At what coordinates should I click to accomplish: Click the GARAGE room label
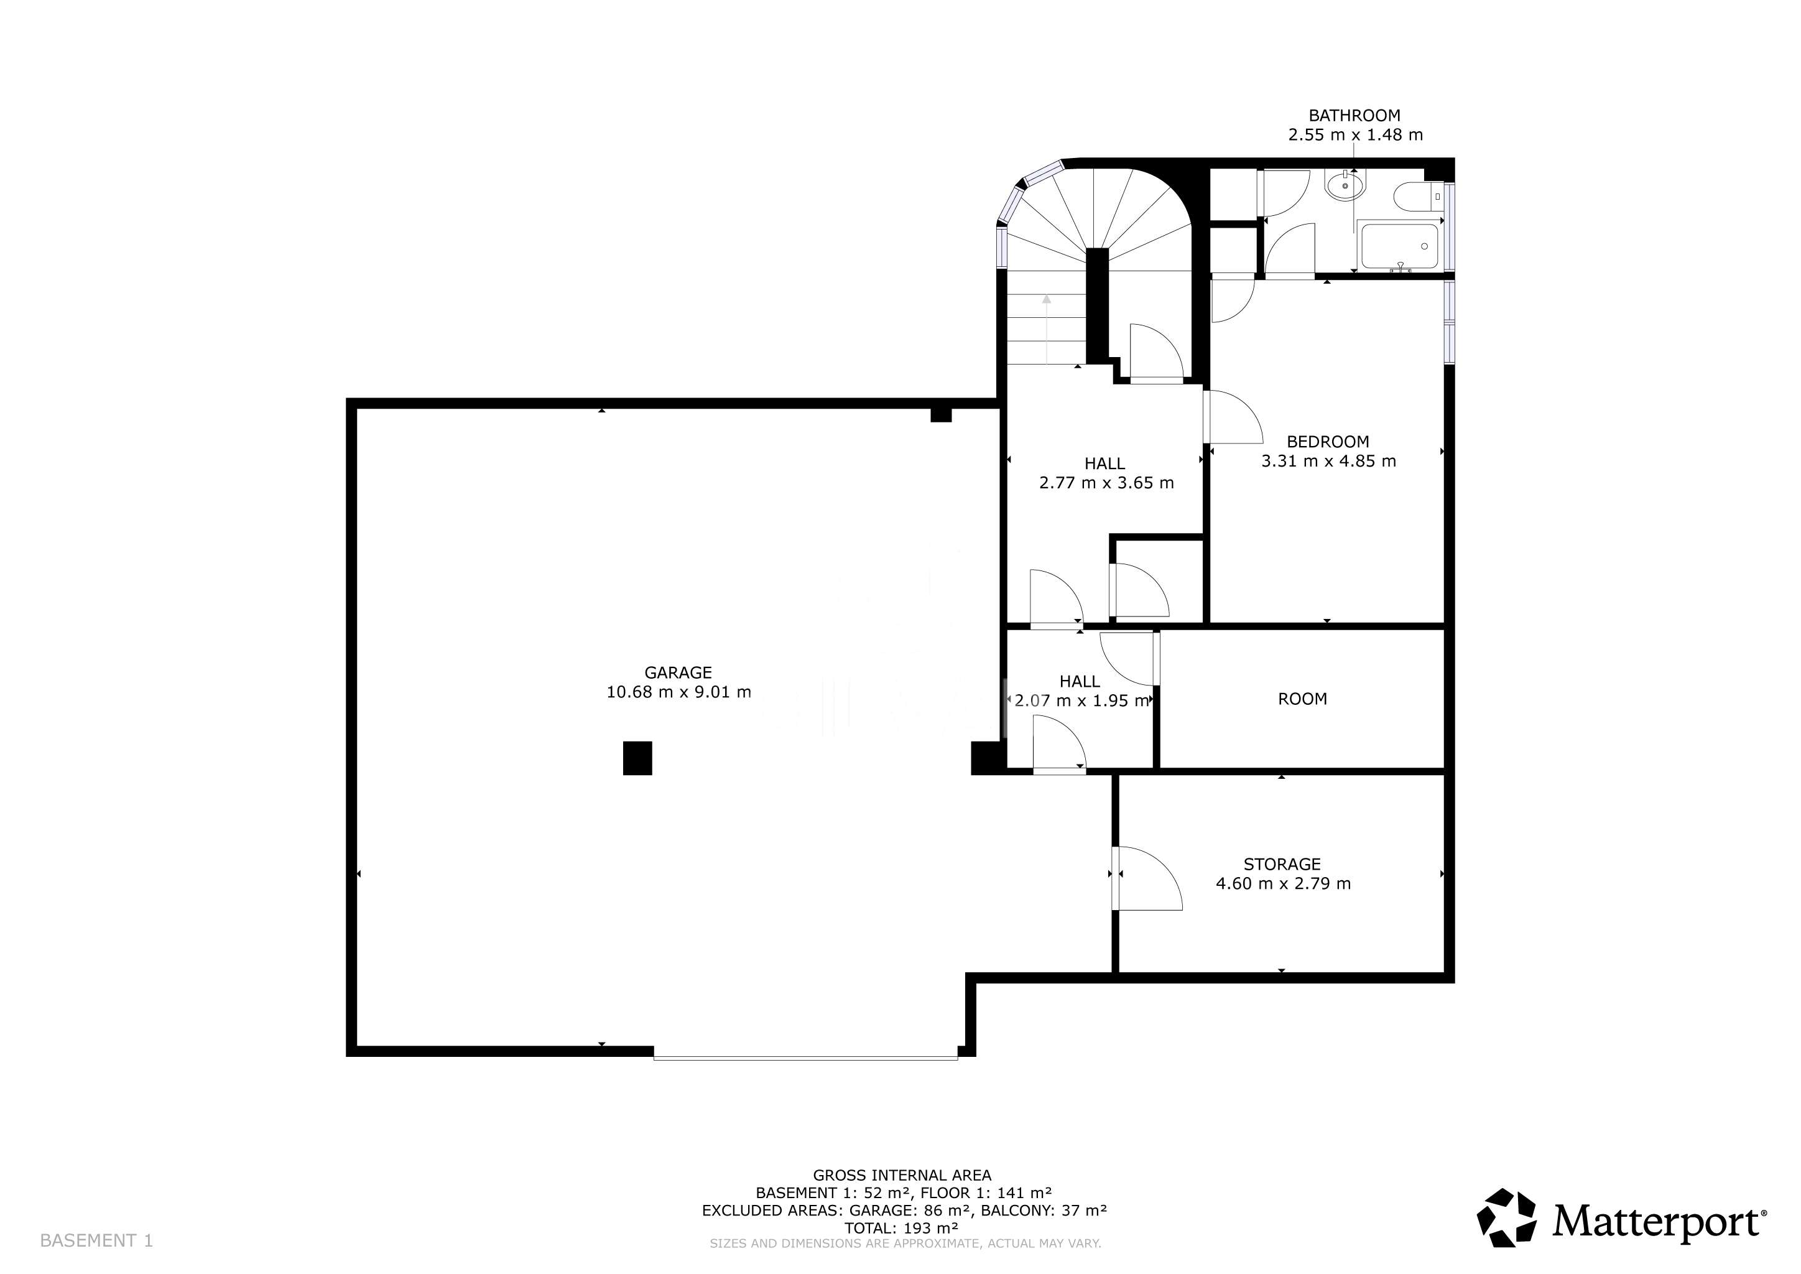(678, 672)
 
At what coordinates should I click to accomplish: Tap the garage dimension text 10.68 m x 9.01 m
(678, 692)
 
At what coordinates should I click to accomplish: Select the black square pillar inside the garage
(637, 758)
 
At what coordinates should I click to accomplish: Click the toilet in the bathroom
(1418, 197)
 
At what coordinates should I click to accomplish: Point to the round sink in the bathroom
(1345, 186)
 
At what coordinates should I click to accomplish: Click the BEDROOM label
(1327, 442)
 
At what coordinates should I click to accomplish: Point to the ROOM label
(1302, 699)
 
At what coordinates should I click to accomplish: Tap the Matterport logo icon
(1506, 1217)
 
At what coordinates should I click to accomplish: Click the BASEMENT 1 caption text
(96, 1240)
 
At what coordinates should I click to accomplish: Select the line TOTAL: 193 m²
(901, 1228)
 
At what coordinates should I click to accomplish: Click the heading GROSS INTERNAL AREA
(902, 1175)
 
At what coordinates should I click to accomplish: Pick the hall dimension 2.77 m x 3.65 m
(1106, 483)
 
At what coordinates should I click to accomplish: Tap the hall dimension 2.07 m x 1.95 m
(1081, 700)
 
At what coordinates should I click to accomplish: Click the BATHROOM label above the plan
(1354, 115)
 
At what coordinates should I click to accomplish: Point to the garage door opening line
(805, 1058)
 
